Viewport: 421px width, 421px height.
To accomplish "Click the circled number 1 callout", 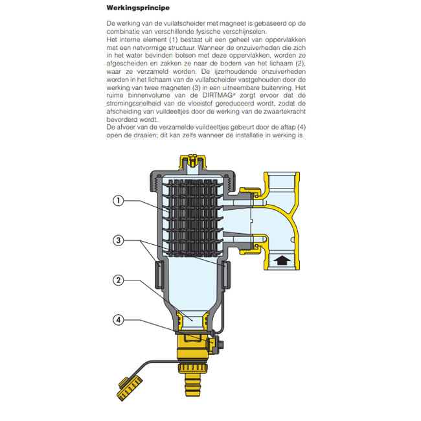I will [118, 201].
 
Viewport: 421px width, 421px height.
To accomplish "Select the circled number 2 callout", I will [118, 280].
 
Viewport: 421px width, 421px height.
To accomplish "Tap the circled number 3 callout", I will [118, 240].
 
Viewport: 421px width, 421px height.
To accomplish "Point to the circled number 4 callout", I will [118, 320].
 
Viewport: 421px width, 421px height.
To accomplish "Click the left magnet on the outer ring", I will [159, 275].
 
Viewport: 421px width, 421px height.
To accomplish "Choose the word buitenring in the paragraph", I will [274, 87].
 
